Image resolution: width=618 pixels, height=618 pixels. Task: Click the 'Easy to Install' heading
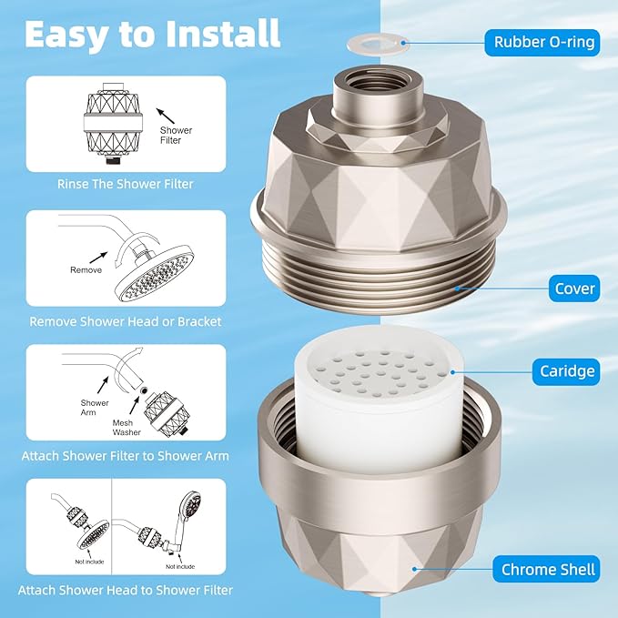[152, 34]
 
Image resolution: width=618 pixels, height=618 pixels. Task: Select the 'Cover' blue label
[574, 289]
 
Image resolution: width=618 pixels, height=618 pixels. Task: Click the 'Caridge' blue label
[566, 371]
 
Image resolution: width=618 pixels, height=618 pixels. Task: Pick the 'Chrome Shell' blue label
[548, 571]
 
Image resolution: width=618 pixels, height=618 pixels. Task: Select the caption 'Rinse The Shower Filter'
[124, 184]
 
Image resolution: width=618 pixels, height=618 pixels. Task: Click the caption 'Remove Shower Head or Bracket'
[126, 320]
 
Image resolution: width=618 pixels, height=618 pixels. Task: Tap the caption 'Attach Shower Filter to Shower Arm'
[126, 455]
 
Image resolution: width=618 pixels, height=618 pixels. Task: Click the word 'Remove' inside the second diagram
[86, 270]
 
